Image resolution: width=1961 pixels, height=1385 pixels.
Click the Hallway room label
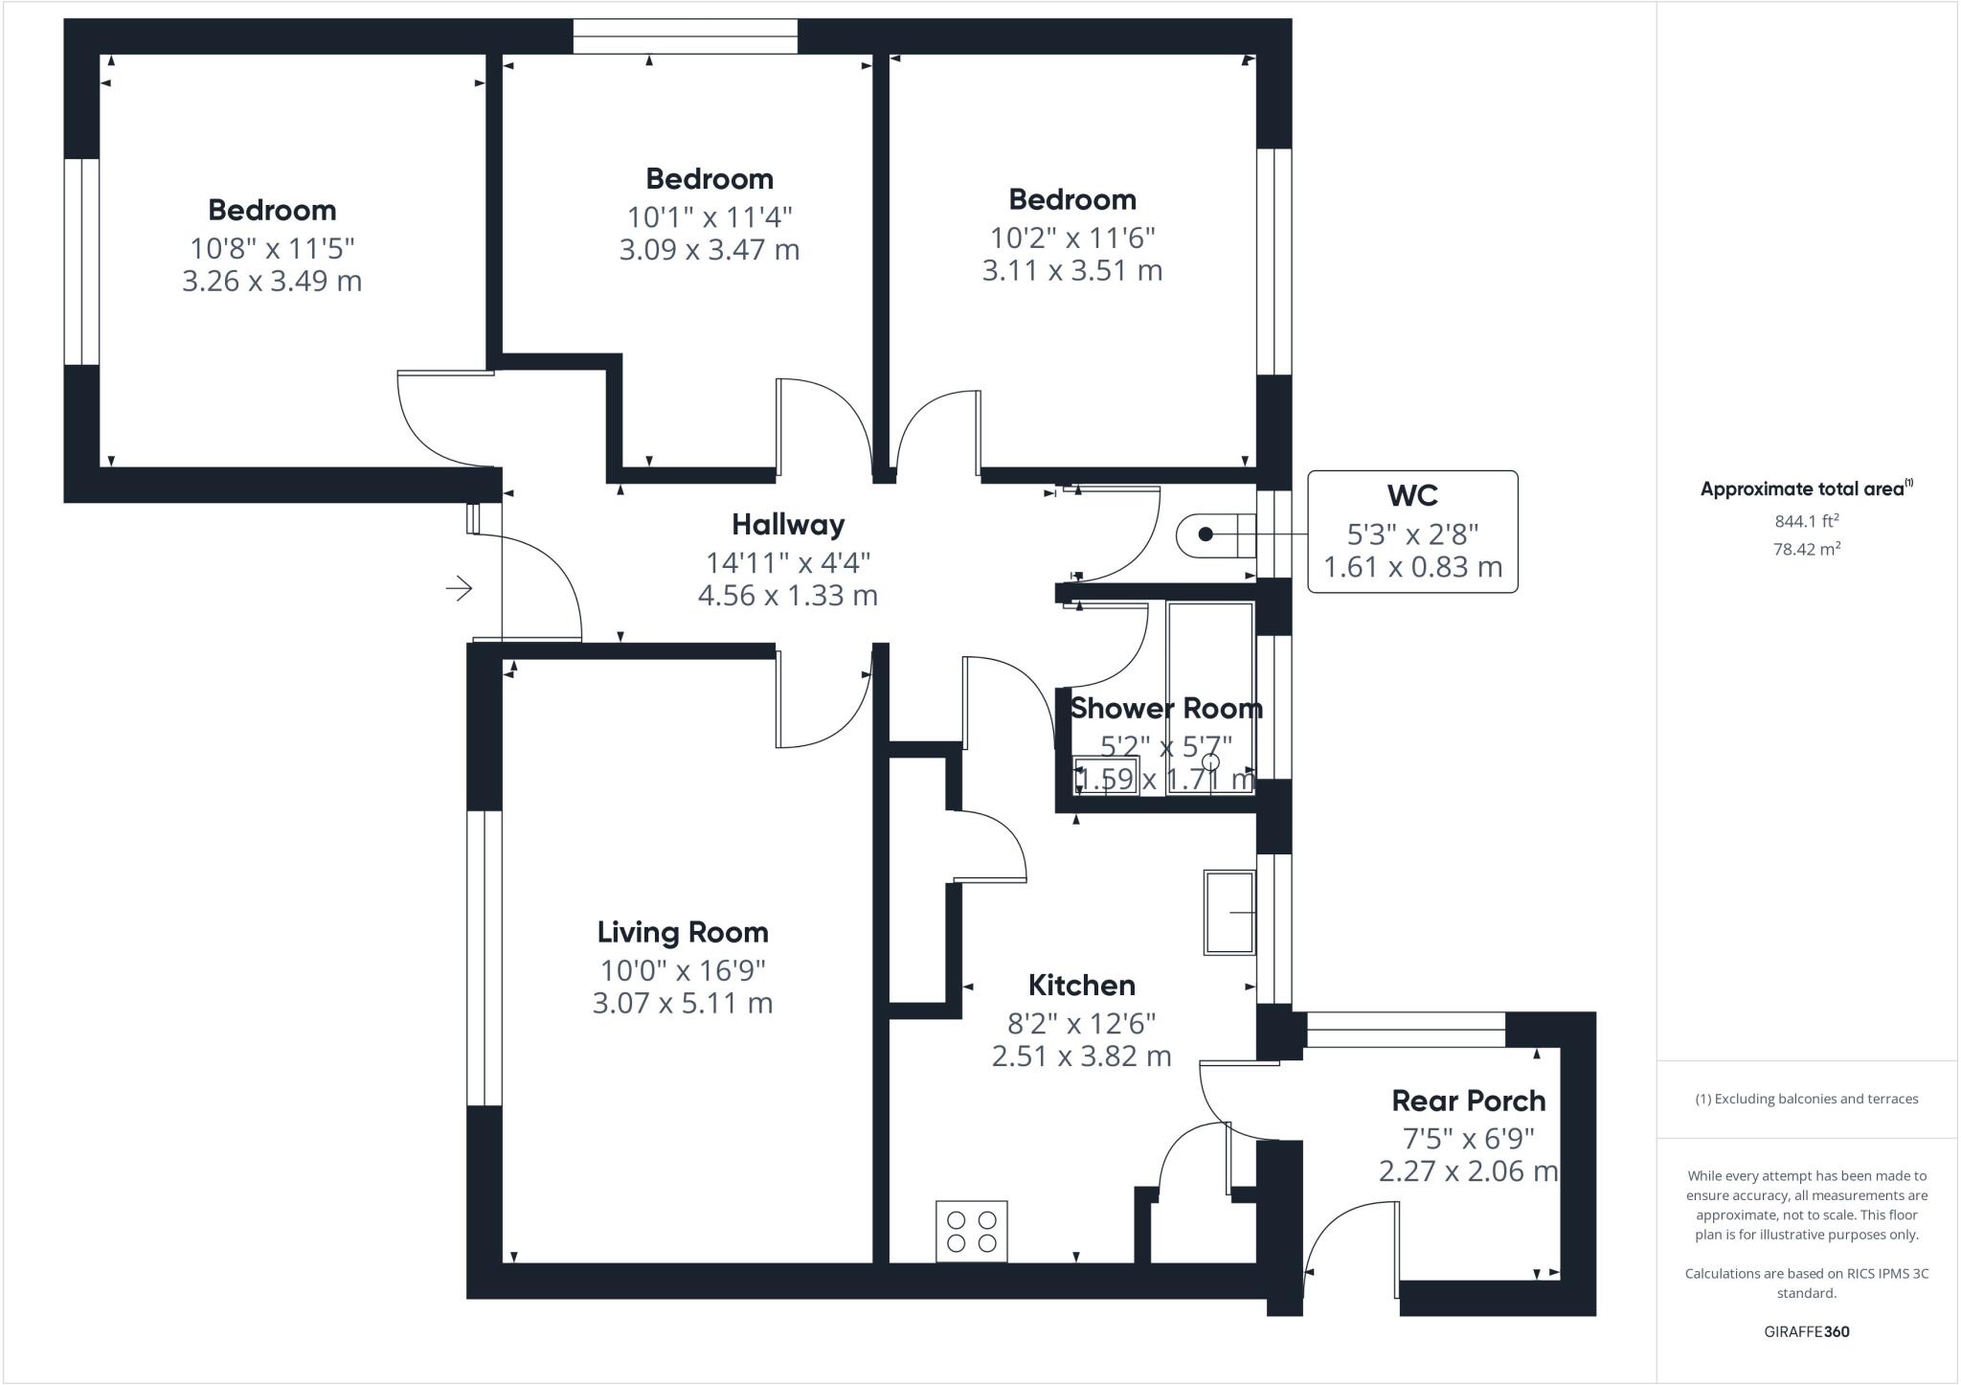788,525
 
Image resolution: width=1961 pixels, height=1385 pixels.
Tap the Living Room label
683,932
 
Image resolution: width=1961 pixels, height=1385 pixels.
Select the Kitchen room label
1081,985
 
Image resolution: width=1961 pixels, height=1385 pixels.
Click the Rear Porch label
1469,1101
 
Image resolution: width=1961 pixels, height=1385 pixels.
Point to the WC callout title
1412,495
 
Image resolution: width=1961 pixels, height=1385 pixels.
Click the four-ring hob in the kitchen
972,1232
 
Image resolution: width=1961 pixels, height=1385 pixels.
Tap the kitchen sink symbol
1229,913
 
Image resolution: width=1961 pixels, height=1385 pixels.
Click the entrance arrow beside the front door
460,588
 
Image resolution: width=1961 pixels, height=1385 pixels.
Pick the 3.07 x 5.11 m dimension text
683,1004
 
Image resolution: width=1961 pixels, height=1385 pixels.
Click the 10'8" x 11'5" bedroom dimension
272,248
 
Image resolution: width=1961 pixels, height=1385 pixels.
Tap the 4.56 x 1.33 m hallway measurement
788,596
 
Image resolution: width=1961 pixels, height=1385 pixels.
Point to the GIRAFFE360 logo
1807,1331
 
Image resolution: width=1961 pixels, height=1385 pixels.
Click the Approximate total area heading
1807,488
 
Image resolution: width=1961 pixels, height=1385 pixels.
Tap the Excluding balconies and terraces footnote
1807,1099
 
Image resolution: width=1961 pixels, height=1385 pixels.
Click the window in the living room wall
485,959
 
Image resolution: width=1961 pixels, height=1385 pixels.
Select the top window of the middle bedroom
685,36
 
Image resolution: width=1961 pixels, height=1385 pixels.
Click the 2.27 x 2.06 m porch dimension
1469,1171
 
